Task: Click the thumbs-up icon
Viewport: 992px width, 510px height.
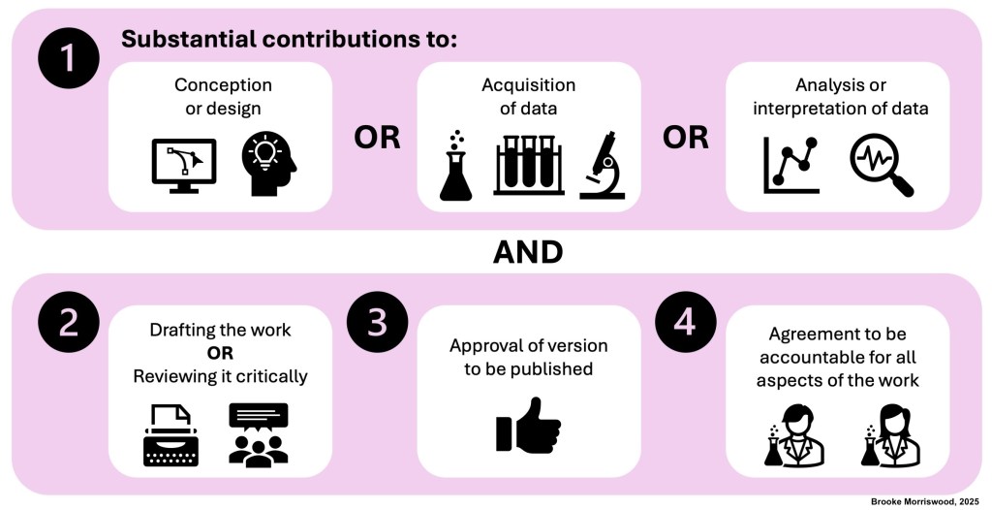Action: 528,426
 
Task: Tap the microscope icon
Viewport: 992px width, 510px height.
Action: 603,165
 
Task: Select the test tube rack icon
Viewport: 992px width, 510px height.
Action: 528,165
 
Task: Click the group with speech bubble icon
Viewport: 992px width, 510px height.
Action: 258,433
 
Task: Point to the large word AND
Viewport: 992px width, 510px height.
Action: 528,252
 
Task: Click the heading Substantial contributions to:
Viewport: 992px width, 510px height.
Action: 288,40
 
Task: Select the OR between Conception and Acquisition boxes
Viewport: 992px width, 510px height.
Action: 376,138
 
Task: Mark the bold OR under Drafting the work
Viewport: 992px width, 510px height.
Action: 220,352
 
